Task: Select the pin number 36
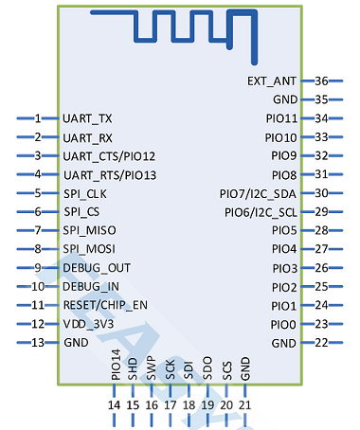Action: (x=322, y=81)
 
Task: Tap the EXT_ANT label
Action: (x=272, y=82)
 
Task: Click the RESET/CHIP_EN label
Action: (x=106, y=306)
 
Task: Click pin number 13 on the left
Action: (x=38, y=343)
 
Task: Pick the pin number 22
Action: (x=322, y=343)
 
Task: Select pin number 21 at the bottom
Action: (x=245, y=405)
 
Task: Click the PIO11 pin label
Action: (x=282, y=119)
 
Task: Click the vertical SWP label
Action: (x=152, y=368)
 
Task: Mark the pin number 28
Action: (x=322, y=230)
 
